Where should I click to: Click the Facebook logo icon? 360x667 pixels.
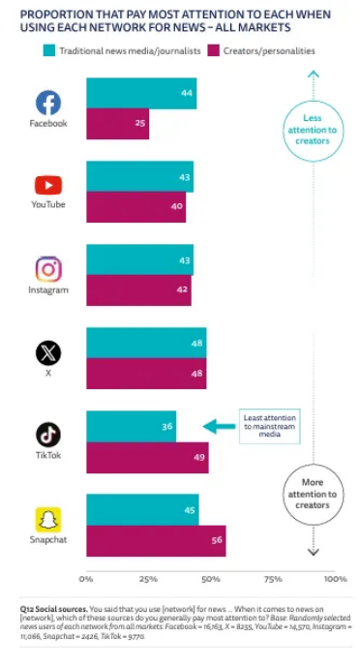click(x=48, y=103)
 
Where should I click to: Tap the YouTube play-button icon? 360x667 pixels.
click(x=48, y=185)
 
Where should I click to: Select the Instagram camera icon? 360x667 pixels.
click(x=48, y=269)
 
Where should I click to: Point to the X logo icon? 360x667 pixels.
click(x=48, y=353)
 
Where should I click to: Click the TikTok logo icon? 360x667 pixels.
click(x=48, y=435)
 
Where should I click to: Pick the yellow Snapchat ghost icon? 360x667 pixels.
click(x=48, y=520)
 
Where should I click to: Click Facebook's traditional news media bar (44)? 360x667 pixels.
click(x=141, y=93)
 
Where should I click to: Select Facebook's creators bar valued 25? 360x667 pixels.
click(x=118, y=124)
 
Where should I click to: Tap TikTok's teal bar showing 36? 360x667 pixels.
click(x=132, y=427)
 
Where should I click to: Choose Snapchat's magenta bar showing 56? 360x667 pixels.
click(x=156, y=540)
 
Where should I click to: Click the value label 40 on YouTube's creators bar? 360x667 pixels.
click(x=177, y=206)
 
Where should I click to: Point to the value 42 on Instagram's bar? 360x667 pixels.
click(x=182, y=289)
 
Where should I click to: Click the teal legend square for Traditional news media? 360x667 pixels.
click(x=49, y=51)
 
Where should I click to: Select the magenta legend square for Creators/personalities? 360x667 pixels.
click(x=213, y=51)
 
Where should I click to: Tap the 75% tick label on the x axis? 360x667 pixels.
click(x=273, y=579)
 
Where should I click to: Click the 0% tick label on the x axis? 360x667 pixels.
click(x=86, y=579)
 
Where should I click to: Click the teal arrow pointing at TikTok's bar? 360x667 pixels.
click(x=219, y=427)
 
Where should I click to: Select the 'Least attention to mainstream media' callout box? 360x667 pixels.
click(x=269, y=426)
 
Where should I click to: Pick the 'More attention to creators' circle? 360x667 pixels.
click(x=313, y=495)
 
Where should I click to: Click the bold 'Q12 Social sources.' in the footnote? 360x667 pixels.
click(x=53, y=609)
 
